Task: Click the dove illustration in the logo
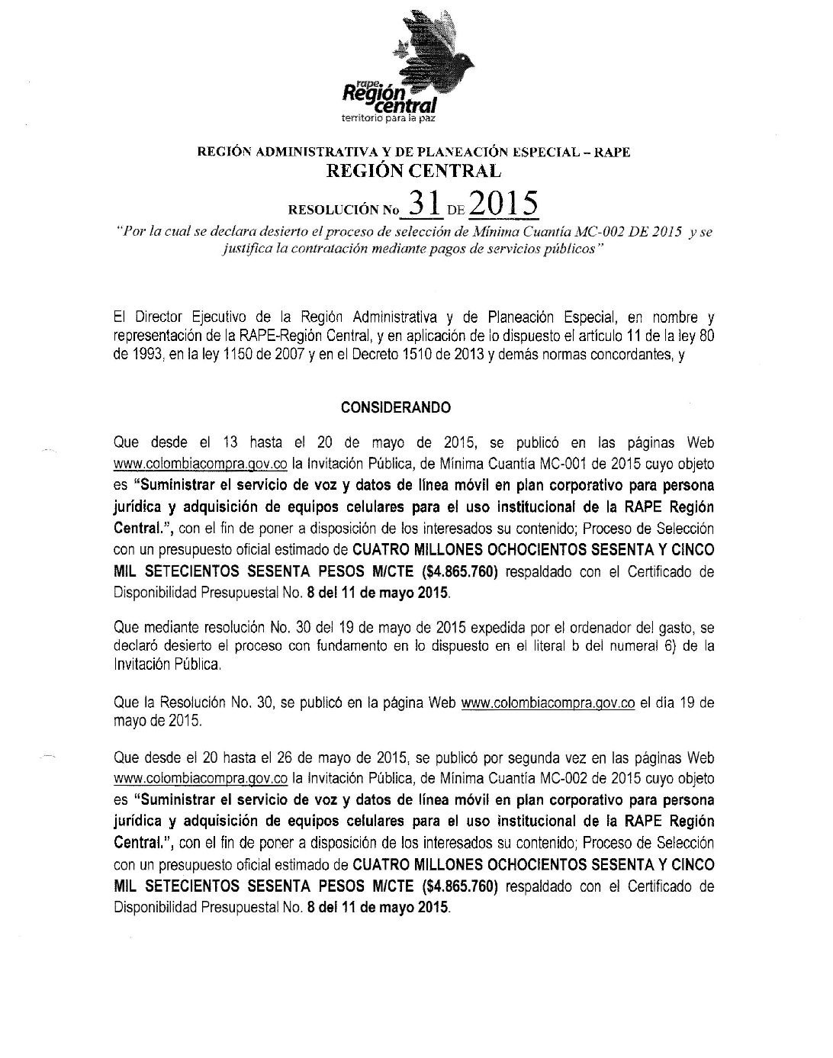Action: coord(430,56)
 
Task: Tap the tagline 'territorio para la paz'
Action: coord(389,119)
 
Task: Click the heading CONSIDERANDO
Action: coord(395,408)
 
